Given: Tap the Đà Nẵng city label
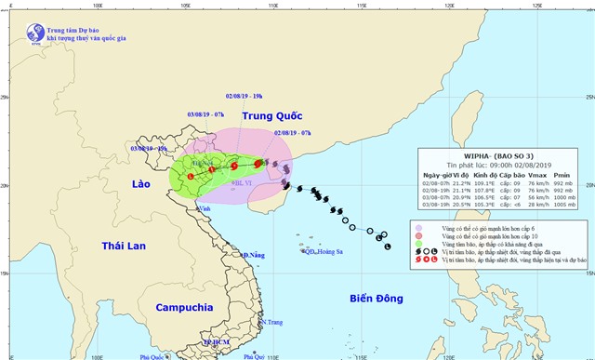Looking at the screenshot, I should [x=253, y=254].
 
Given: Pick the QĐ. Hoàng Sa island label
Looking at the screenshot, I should [x=321, y=251].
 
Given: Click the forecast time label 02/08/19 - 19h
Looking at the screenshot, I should [x=245, y=96].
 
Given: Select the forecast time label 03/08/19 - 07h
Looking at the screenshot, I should [x=206, y=113].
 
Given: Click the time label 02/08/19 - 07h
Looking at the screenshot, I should [x=293, y=133].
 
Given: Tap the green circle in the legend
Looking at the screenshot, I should [x=419, y=244].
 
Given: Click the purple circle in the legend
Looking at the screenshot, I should [x=419, y=228].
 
